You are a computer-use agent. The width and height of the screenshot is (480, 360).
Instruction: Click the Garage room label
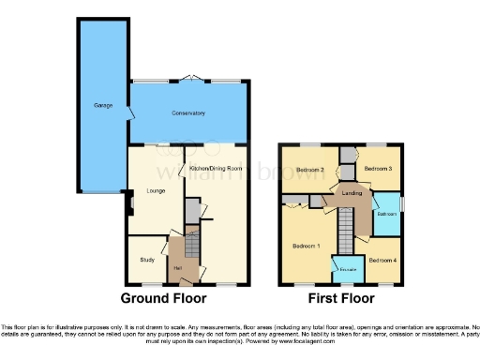[x=103, y=106]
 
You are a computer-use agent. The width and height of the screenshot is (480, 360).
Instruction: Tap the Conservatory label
[x=188, y=113]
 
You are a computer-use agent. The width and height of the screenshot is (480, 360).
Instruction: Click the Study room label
[x=147, y=260]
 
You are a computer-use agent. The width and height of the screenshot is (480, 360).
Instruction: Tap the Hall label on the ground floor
[x=177, y=271]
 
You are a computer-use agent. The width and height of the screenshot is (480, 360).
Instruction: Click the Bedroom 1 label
[x=306, y=246]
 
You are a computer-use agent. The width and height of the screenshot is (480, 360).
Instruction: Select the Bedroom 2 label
[x=310, y=170]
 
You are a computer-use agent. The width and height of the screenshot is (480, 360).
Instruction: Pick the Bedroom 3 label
[x=378, y=168]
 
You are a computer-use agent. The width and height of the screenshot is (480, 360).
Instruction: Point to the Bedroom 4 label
[x=382, y=259]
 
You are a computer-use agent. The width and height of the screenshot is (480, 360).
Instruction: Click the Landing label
[x=353, y=193]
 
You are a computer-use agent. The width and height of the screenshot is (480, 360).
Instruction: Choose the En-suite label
[x=348, y=270]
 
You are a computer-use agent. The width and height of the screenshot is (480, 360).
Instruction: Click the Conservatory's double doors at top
[x=192, y=79]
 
